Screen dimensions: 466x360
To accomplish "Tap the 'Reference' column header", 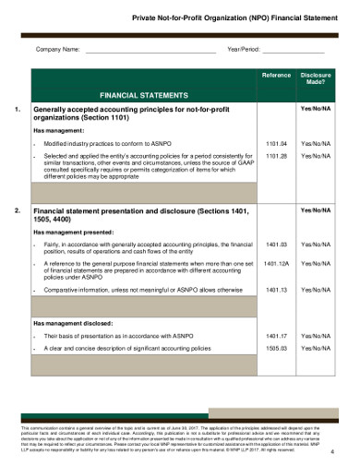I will pos(276,74).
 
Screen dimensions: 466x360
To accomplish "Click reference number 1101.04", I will pos(276,144).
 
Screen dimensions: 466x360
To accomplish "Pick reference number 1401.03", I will pos(276,245).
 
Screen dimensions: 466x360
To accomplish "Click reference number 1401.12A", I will pos(276,264).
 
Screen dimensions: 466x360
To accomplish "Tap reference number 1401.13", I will pos(276,290).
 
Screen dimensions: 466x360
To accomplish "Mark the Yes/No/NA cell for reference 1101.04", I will pos(317,144).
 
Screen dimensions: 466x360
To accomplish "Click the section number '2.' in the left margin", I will pos(19,211).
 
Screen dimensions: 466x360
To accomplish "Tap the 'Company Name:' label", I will pos(57,49).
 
